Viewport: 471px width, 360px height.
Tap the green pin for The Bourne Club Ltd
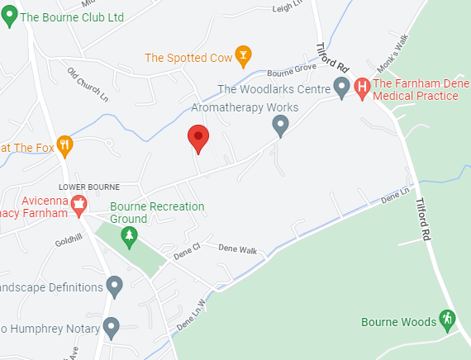pyautogui.click(x=10, y=17)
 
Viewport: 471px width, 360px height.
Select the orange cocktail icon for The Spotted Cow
pyautogui.click(x=243, y=57)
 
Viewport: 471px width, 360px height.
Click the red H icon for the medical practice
pyautogui.click(x=362, y=88)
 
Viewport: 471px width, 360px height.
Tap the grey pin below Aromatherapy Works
pyautogui.click(x=281, y=125)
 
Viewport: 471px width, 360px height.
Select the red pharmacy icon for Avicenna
pyautogui.click(x=79, y=203)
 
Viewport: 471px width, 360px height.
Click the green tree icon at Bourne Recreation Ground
pyautogui.click(x=128, y=238)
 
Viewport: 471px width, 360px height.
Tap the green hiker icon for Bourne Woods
pyautogui.click(x=447, y=318)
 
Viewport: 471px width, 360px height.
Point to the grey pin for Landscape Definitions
pyautogui.click(x=115, y=287)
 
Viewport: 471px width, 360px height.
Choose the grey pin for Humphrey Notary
pyautogui.click(x=111, y=329)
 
